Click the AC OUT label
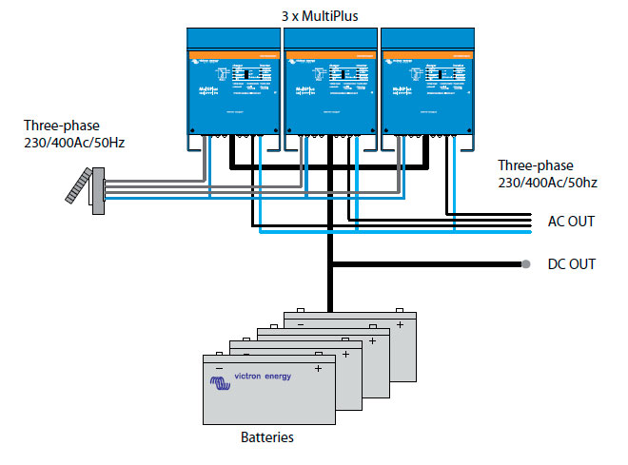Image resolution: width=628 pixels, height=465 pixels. point(571,222)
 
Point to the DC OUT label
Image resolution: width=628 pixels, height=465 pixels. point(571,263)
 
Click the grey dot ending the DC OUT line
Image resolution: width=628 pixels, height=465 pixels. point(524,263)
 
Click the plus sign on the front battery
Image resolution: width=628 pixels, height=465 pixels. point(318,367)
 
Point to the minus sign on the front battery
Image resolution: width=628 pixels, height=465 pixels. point(219,367)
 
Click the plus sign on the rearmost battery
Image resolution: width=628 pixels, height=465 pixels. point(400,323)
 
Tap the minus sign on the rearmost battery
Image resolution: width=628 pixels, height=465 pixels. point(301,323)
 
